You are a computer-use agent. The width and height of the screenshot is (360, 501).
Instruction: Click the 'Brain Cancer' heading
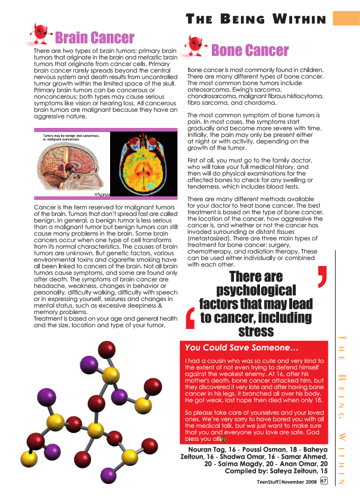[95, 38]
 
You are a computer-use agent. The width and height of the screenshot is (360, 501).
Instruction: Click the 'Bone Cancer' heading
[249, 51]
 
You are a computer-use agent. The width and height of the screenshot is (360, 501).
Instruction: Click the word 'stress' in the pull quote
[255, 331]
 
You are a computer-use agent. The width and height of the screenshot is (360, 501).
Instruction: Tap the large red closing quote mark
[322, 277]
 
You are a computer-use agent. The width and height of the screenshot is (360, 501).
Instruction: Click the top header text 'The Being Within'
[256, 20]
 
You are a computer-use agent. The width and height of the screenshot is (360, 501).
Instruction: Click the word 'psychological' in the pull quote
[255, 290]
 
